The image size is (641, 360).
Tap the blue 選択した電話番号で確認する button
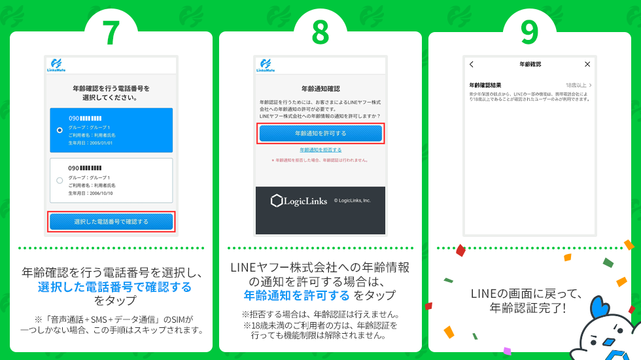(x=111, y=221)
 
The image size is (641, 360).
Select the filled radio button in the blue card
(x=60, y=130)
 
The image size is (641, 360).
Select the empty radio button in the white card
(x=60, y=180)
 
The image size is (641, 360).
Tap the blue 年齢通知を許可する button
(x=320, y=133)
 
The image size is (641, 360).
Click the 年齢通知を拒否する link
(x=320, y=150)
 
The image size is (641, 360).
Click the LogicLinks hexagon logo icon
(x=277, y=201)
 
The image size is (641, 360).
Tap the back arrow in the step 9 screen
(x=472, y=64)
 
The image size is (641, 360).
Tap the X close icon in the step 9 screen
(x=587, y=64)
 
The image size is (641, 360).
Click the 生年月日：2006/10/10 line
(x=92, y=194)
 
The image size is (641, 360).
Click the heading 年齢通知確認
(x=320, y=88)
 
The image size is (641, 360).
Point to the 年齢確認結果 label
(x=485, y=85)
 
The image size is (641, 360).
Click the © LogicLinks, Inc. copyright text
(x=352, y=201)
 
